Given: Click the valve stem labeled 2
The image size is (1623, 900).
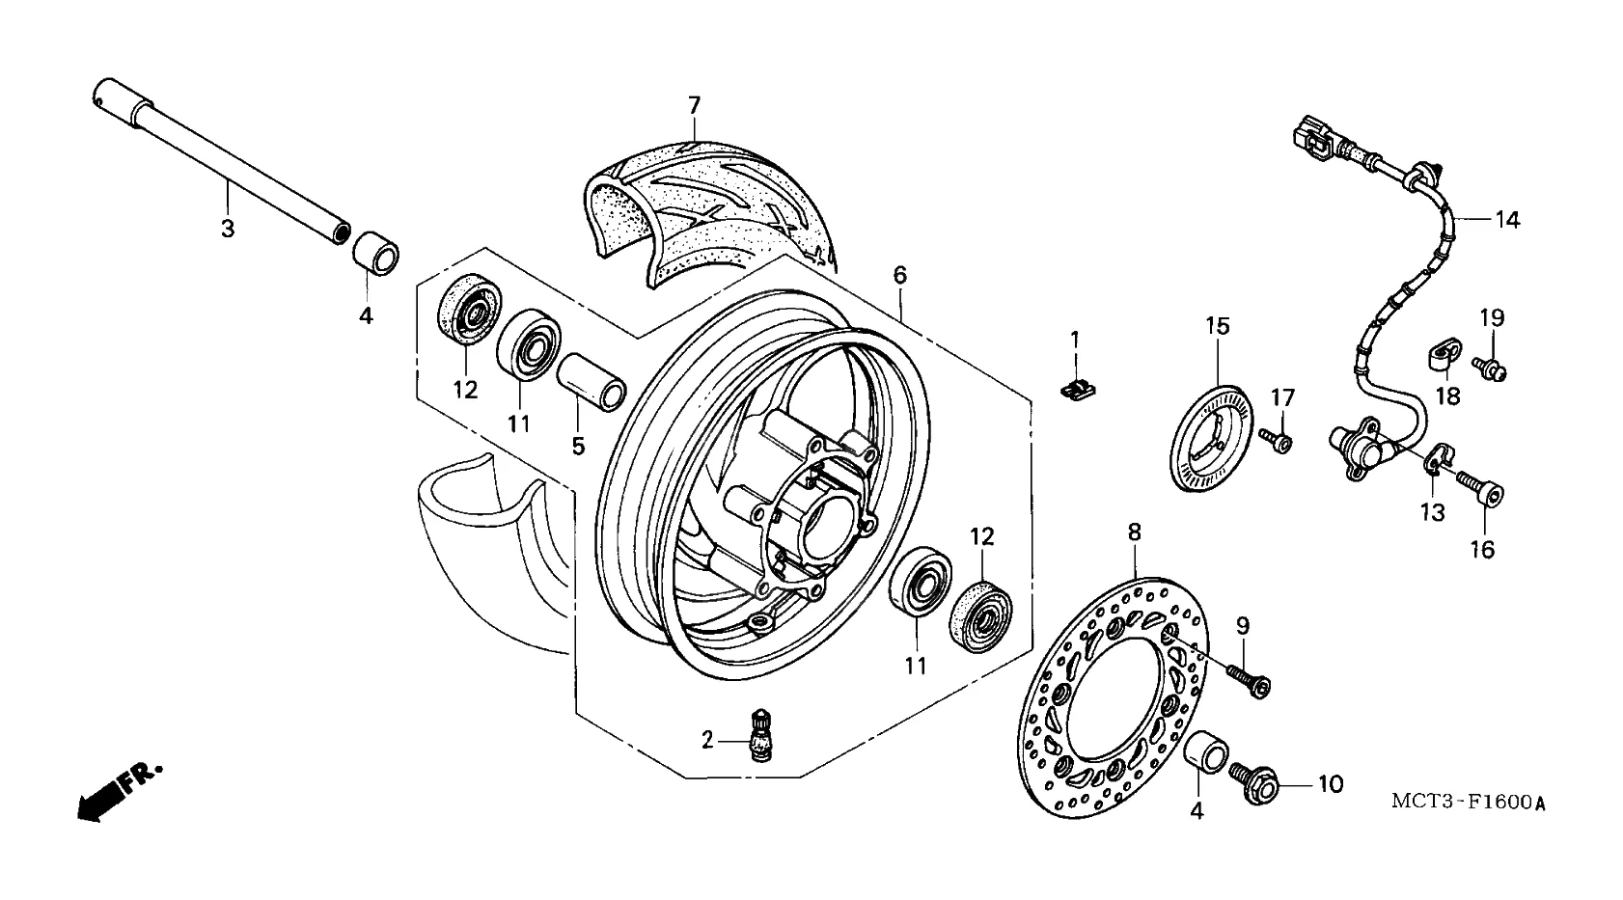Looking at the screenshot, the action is (x=758, y=735).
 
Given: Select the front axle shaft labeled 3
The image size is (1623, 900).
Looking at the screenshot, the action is (x=222, y=161).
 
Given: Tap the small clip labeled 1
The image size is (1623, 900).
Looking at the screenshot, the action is (x=1078, y=391).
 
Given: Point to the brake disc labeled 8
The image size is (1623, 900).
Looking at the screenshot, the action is (x=1113, y=697).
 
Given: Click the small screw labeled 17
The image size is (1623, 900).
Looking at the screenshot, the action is (x=1276, y=440).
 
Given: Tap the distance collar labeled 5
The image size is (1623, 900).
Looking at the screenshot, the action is (x=591, y=381).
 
